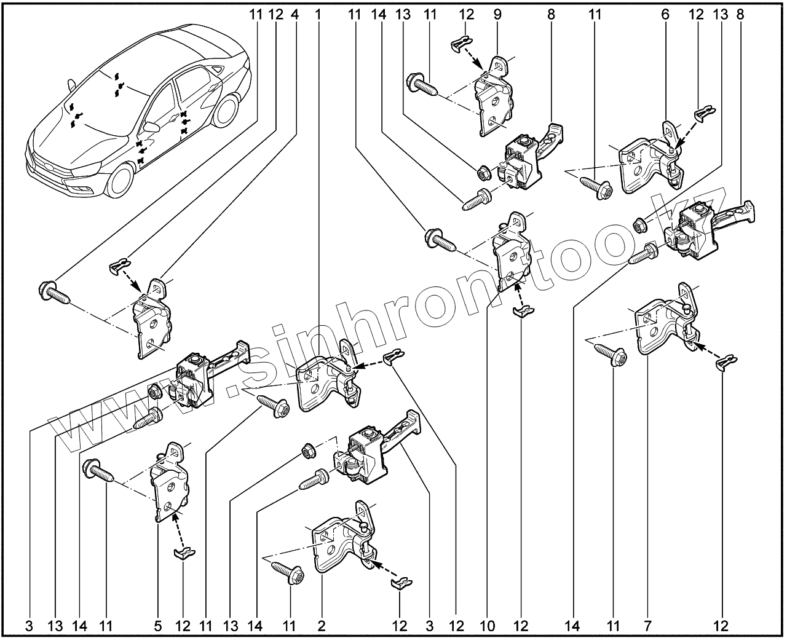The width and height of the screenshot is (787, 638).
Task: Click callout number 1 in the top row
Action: (x=318, y=14)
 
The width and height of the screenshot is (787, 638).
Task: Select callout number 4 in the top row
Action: (x=295, y=14)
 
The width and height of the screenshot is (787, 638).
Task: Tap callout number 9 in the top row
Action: (x=497, y=14)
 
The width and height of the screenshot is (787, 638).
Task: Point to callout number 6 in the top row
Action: (x=665, y=14)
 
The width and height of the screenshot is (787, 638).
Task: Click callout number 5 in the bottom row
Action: (x=157, y=626)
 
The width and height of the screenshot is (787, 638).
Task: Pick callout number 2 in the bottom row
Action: (x=321, y=626)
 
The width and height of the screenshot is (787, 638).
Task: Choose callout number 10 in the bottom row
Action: (x=486, y=626)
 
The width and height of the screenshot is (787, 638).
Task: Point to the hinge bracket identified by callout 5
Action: (x=168, y=486)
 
